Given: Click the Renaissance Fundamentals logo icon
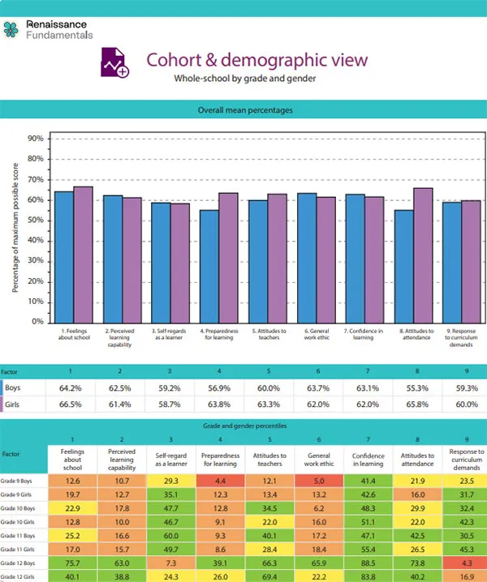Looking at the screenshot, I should tap(11, 30).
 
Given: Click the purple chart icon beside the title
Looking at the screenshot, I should tap(115, 62).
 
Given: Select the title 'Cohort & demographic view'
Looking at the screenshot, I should tap(256, 60).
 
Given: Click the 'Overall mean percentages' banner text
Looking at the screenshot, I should tap(245, 110).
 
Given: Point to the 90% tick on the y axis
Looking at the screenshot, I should tap(36, 139).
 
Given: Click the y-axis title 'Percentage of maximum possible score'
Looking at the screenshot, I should tap(15, 230).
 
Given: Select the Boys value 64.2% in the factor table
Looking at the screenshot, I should tap(73, 388).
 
